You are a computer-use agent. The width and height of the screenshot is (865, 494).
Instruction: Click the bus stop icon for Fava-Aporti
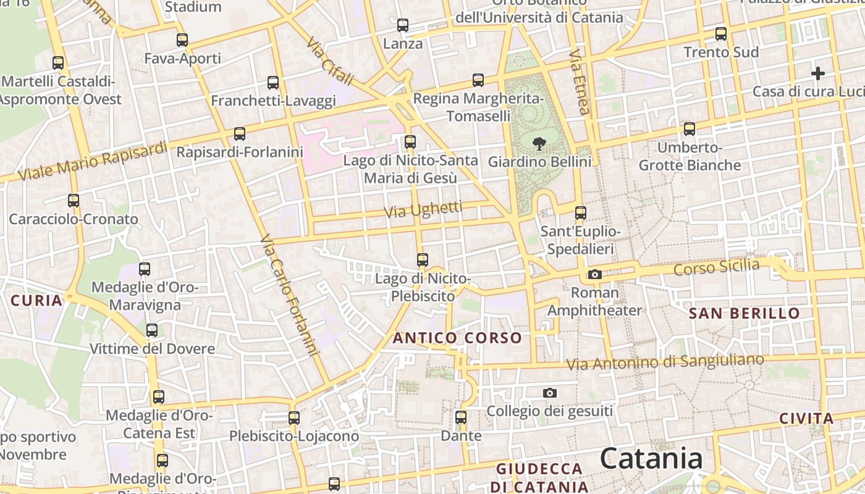click(182, 40)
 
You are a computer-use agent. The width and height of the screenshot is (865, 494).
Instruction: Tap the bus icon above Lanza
click(403, 25)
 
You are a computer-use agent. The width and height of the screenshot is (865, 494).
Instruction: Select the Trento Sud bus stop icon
click(721, 34)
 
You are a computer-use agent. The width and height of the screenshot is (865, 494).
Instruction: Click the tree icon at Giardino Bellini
click(539, 144)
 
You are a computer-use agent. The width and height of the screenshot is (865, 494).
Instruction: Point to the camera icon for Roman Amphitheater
click(595, 274)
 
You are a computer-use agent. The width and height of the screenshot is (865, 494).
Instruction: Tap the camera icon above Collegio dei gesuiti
click(549, 393)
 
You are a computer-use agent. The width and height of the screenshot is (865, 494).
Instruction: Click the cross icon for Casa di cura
click(818, 73)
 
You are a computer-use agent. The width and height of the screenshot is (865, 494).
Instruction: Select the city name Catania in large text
click(651, 459)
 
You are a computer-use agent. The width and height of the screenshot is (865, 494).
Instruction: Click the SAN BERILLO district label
click(744, 313)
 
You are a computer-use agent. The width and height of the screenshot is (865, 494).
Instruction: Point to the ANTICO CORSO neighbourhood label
click(457, 338)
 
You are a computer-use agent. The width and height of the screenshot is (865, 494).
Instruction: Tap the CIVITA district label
click(806, 419)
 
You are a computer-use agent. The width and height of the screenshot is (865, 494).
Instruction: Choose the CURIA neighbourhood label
click(37, 301)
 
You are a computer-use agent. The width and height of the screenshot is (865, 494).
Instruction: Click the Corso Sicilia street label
click(716, 267)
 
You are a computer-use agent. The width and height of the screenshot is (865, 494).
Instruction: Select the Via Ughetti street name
click(423, 209)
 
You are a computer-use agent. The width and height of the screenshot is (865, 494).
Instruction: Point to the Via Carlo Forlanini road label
click(289, 295)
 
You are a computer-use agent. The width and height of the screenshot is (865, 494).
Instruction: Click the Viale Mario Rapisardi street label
click(93, 162)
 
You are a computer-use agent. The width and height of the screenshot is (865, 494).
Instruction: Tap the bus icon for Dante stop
click(461, 417)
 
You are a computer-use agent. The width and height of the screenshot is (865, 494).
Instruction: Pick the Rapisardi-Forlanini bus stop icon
click(240, 133)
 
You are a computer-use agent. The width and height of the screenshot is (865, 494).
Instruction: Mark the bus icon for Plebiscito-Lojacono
click(294, 418)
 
